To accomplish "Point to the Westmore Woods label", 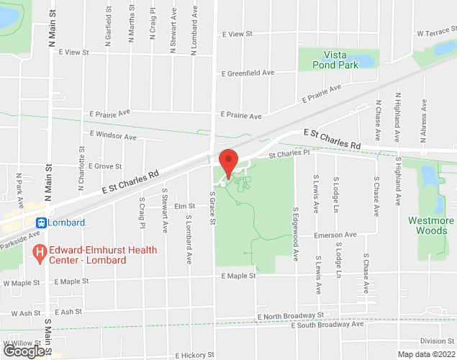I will pos(430,225).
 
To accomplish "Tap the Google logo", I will pos(24,351).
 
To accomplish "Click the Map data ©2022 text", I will pos(426,354).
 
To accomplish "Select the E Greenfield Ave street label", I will pos(248,73).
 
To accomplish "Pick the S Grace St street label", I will pos(212,207).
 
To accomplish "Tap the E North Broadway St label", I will pos(290,316).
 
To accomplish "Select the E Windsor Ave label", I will pos(113,135).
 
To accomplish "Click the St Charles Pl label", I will pos(289,153).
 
